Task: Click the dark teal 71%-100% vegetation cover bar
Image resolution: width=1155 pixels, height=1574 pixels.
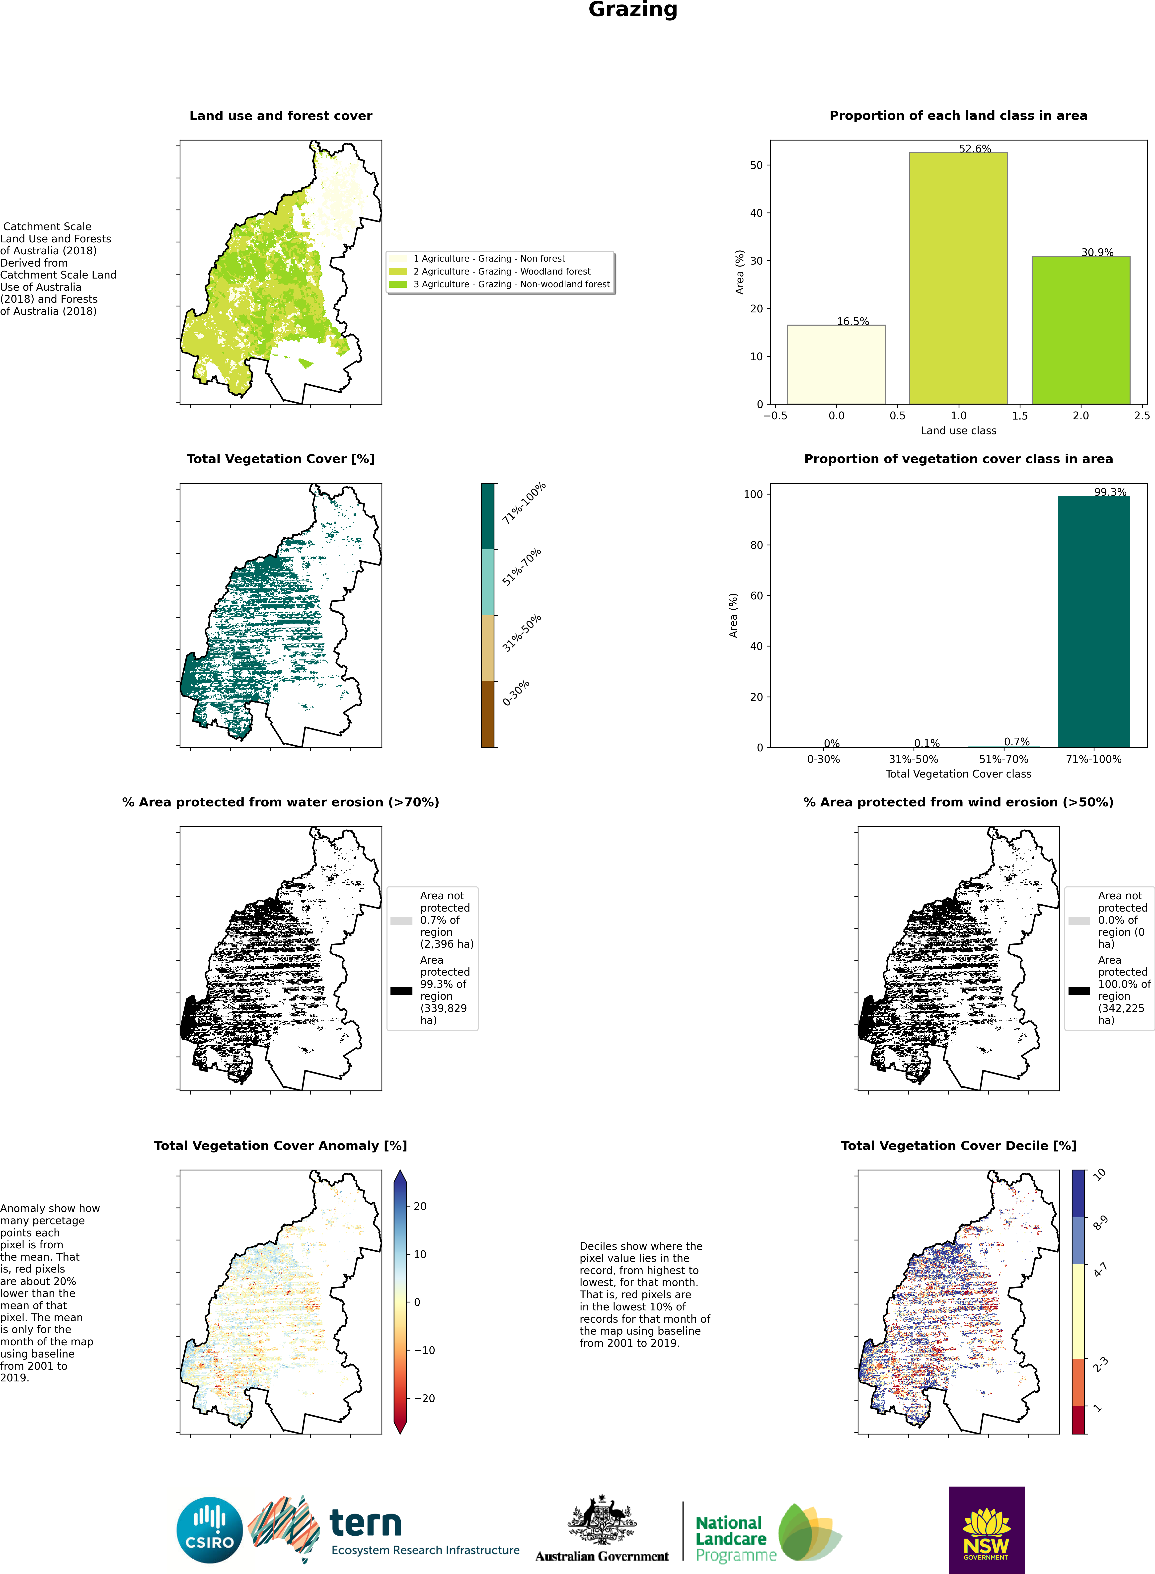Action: tap(1093, 621)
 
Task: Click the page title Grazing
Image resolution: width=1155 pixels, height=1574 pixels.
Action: tap(633, 10)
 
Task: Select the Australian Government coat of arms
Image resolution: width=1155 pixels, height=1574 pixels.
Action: tap(602, 1520)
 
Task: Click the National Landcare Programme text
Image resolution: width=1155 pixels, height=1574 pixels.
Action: tap(736, 1538)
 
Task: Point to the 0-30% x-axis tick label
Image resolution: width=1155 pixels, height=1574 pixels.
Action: tap(824, 759)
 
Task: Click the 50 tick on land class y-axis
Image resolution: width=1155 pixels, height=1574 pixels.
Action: tap(756, 165)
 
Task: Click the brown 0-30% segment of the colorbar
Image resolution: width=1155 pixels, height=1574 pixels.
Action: tap(487, 714)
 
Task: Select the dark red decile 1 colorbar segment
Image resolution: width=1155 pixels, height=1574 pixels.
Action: tap(1078, 1420)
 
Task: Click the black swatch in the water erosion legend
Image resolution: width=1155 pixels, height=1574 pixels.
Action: tap(401, 990)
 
